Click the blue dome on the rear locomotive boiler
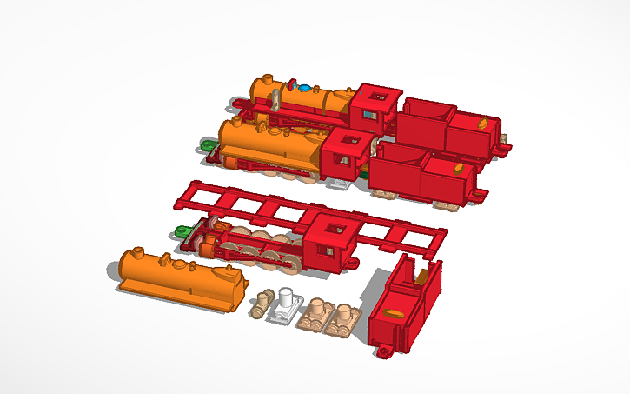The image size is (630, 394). (304, 87)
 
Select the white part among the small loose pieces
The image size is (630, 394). (285, 301)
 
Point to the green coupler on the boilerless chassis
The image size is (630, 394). (182, 231)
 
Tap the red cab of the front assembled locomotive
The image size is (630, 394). (346, 155)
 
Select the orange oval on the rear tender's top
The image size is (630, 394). (483, 124)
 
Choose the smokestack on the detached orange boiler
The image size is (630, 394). (138, 255)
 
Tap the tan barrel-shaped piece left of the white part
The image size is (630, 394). (260, 304)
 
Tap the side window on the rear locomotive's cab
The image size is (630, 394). (369, 115)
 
